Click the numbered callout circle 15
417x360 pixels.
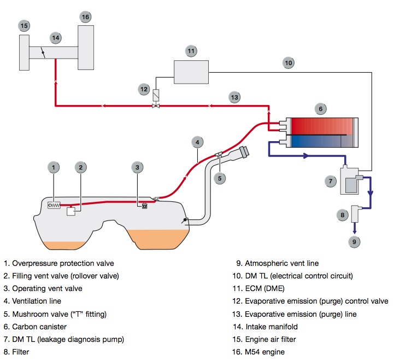click(x=24, y=25)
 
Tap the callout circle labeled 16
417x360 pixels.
click(x=85, y=17)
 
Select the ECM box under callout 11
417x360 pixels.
click(x=192, y=72)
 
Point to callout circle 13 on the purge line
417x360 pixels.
click(x=234, y=97)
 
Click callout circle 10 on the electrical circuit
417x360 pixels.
click(x=289, y=63)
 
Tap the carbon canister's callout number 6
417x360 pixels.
click(x=321, y=109)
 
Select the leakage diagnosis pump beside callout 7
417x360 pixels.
click(x=350, y=180)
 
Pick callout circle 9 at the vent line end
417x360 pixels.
click(x=354, y=241)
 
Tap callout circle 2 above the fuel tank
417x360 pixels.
click(x=80, y=167)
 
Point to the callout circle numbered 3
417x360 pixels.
click(x=138, y=167)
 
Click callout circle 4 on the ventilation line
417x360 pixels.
click(x=197, y=142)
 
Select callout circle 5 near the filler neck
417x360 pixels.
click(x=219, y=177)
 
